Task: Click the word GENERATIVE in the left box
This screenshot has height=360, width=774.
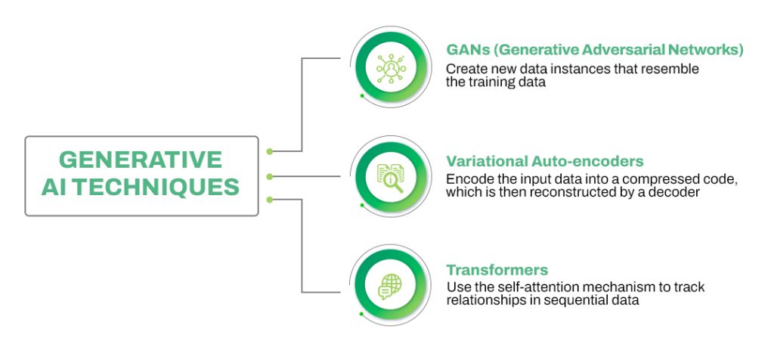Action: tap(141, 160)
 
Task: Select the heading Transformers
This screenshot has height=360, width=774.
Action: tap(497, 270)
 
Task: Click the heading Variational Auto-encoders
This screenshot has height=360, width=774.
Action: tap(544, 161)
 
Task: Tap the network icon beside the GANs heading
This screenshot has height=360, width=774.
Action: tap(392, 67)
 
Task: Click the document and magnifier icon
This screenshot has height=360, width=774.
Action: tap(392, 176)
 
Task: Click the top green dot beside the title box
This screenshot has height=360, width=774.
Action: tap(270, 151)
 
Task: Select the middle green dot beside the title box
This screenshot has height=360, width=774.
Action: tap(270, 175)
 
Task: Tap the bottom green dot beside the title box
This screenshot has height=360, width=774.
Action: tap(270, 200)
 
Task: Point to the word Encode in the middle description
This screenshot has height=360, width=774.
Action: tap(467, 178)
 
